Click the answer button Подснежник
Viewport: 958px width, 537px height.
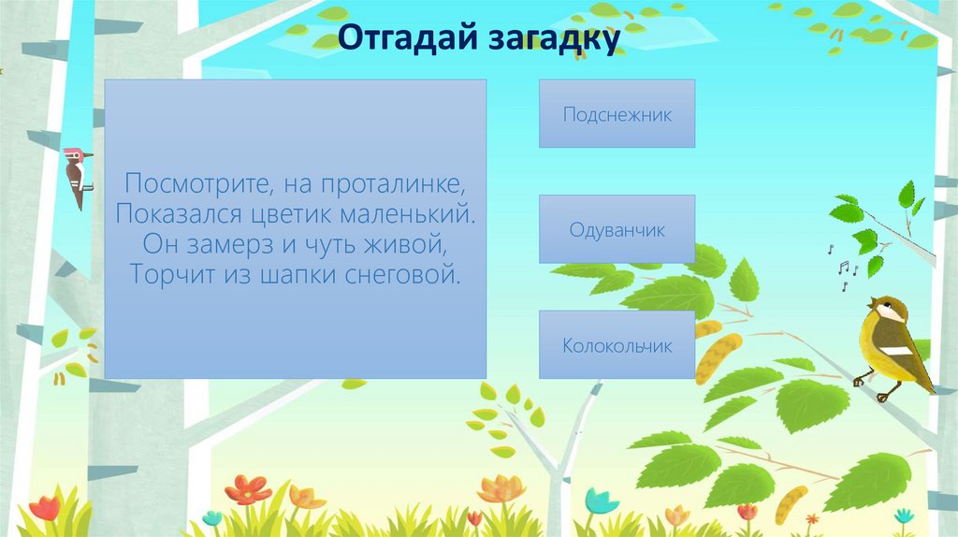pyautogui.click(x=617, y=113)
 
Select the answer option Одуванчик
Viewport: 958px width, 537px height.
pyautogui.click(x=617, y=229)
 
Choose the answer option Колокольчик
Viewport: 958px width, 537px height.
pyautogui.click(x=617, y=345)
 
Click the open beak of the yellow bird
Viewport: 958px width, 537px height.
pyautogui.click(x=872, y=305)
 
